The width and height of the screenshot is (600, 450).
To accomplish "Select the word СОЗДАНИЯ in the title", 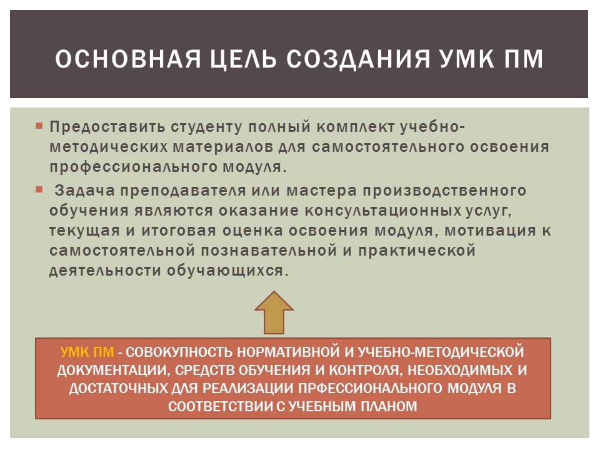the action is pos(357,60).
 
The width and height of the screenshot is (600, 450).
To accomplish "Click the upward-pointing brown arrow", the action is pos(274,312).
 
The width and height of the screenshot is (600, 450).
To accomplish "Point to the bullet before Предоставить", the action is pos(39,126).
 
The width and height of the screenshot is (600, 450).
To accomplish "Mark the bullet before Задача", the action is pos(39,189).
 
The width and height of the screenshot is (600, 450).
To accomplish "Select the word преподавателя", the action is pos(183,191).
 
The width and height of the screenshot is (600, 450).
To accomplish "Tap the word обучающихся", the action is pos(227,271).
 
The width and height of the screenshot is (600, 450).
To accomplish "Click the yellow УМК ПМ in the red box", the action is pos(87,352).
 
